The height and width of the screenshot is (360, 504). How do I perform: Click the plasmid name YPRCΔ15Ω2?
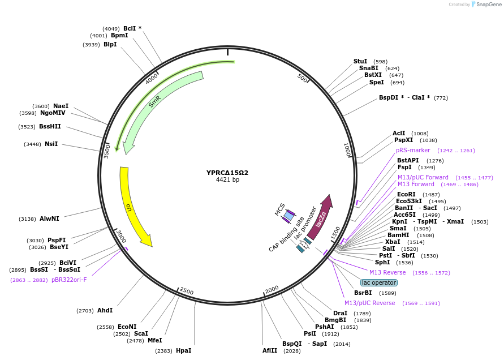pyautogui.click(x=227, y=173)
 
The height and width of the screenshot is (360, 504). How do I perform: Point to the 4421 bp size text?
pyautogui.click(x=227, y=180)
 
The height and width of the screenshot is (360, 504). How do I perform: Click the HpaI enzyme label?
pyautogui.click(x=183, y=351)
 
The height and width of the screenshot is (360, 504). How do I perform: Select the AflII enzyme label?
pyautogui.click(x=269, y=351)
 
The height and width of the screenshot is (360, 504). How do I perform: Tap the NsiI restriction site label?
pyautogui.click(x=51, y=144)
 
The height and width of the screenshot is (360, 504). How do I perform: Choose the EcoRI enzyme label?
pyautogui.click(x=406, y=194)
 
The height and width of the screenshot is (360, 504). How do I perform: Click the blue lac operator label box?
pyautogui.click(x=379, y=282)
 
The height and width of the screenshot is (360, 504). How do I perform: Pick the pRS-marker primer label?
pyautogui.click(x=413, y=151)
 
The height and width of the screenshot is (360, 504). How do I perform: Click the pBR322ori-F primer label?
pyautogui.click(x=69, y=280)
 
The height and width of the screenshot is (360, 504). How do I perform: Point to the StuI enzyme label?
pyautogui.click(x=360, y=61)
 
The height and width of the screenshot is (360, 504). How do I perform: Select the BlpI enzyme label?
pyautogui.click(x=110, y=45)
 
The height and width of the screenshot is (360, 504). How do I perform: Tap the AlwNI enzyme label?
pyautogui.click(x=49, y=218)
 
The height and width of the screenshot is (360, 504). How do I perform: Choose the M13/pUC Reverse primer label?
pyautogui.click(x=369, y=303)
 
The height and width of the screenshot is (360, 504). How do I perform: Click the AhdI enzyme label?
pyautogui.click(x=105, y=310)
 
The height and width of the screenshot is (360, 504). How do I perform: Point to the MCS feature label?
pyautogui.click(x=280, y=209)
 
